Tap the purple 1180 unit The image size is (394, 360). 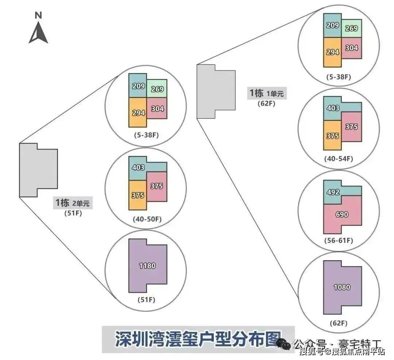[147, 266]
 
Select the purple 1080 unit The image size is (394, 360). [342, 287]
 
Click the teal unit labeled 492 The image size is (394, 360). [333, 192]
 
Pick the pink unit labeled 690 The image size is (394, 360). [342, 215]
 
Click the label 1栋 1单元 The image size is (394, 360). [266, 93]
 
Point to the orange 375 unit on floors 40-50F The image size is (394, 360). [138, 195]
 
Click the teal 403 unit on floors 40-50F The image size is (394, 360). [138, 168]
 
